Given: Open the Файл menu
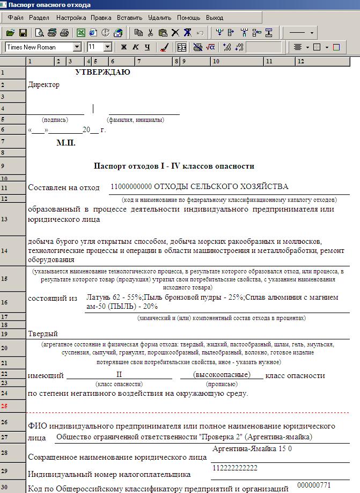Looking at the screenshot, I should coord(16,18).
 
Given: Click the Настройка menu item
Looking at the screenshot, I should coord(71,18).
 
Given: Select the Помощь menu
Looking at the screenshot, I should coord(188,18).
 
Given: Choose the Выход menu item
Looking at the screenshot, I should coord(215,18).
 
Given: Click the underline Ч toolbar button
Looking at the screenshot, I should coord(148,47).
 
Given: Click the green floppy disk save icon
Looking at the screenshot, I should coord(23,33).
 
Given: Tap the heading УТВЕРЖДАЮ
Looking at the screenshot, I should coord(102,72).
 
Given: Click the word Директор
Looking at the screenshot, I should coord(43,85).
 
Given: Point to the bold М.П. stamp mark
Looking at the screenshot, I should coord(66,143).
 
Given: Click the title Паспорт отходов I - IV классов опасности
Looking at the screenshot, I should coord(174,166).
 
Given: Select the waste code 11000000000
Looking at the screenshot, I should coord(131,187).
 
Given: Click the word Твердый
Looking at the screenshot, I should coord(43,334).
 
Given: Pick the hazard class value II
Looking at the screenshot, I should coord(119,374).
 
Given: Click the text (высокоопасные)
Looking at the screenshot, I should coord(222,374).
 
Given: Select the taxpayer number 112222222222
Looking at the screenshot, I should coord(235,468).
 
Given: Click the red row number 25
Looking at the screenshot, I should coord(4,407).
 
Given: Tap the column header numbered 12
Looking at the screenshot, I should coord(300,61).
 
